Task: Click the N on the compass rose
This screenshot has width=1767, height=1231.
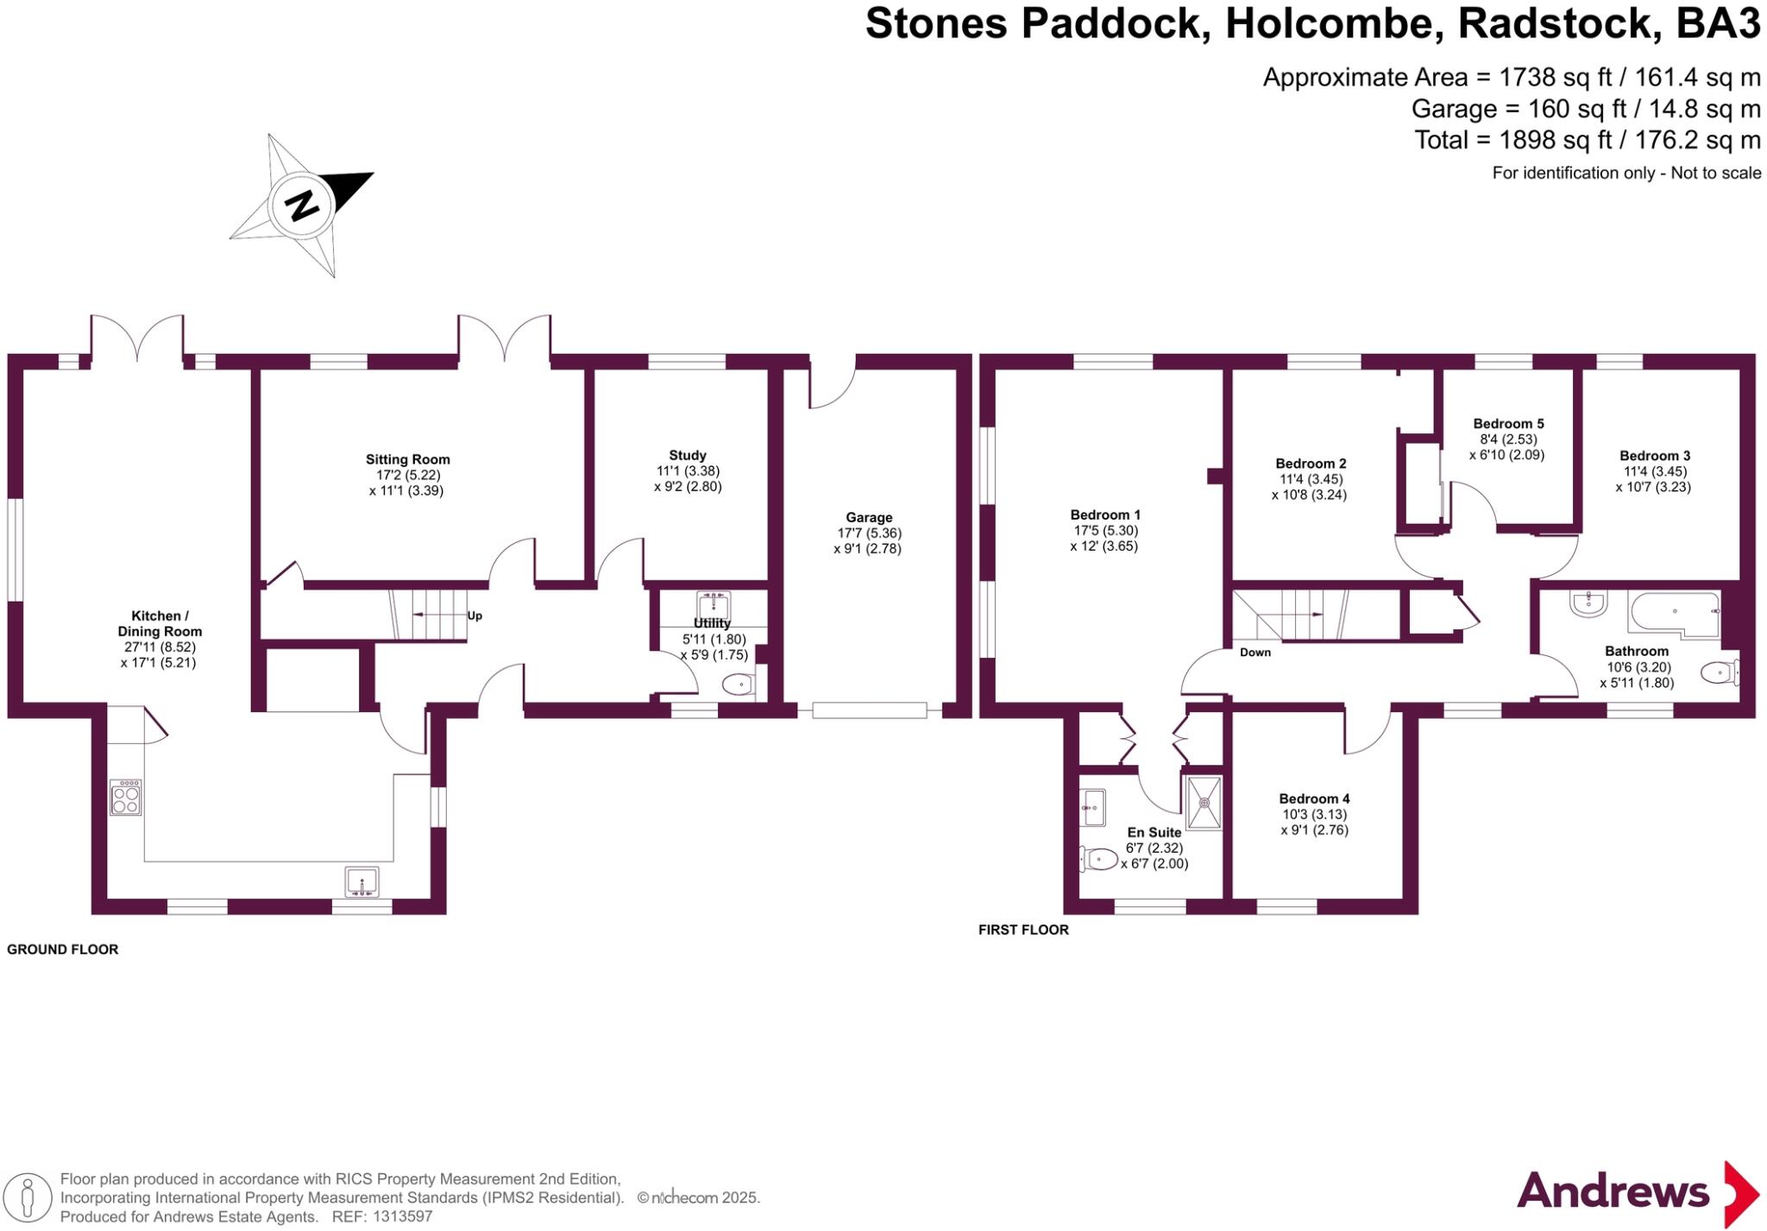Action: tap(302, 205)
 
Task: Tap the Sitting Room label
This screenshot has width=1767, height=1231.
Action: tap(407, 459)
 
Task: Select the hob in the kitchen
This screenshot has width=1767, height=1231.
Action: tap(125, 797)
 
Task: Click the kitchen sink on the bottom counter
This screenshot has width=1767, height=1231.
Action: tap(362, 882)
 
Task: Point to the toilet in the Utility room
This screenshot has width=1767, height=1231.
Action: tap(739, 685)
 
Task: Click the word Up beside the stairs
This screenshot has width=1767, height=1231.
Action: tap(475, 615)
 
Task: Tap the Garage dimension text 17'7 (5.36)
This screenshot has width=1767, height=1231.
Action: tap(869, 533)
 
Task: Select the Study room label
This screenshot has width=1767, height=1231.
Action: tap(687, 455)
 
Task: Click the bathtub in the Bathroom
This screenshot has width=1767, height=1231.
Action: tap(1673, 613)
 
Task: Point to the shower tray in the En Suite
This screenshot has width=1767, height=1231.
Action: tap(1204, 803)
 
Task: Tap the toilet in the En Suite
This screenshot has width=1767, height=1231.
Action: tap(1098, 858)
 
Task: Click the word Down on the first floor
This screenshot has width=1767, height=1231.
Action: tap(1255, 652)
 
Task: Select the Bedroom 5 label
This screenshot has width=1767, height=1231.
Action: tap(1508, 423)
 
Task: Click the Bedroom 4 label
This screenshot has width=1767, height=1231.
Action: tap(1314, 799)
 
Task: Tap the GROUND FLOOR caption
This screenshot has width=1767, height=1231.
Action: tap(62, 949)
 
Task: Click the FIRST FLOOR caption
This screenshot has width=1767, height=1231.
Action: tap(1023, 930)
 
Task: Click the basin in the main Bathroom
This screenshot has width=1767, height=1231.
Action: tap(1588, 603)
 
